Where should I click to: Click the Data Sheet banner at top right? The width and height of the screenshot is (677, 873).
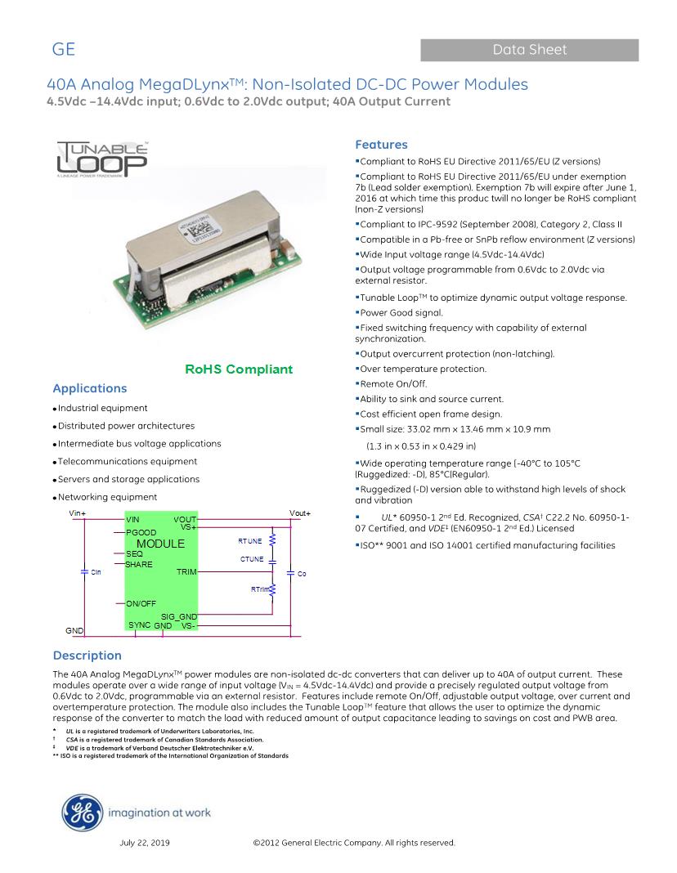pos(529,50)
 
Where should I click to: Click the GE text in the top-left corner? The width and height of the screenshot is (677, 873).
pos(64,50)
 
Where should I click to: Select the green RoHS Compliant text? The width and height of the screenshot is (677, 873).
pos(239,369)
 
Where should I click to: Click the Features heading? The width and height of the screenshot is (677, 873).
pos(381,145)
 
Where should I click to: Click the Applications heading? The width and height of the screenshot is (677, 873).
pos(90,388)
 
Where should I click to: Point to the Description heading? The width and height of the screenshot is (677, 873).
pos(87,655)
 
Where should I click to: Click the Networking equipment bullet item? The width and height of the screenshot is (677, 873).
pos(107,497)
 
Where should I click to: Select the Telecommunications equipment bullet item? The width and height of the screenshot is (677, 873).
pos(127,462)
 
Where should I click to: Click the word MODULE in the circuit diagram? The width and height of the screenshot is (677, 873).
pos(160,543)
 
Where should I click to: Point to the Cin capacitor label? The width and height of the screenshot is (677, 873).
pos(96,572)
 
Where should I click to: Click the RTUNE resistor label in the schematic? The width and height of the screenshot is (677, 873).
pos(250,541)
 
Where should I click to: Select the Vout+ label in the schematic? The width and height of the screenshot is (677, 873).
pos(300,513)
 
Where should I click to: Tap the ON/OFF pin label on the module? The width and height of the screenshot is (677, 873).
pos(141,603)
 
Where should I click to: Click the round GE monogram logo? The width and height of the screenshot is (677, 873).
pos(81,812)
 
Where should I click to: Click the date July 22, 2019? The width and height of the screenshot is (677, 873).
pos(145,842)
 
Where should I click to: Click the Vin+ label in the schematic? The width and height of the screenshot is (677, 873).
pos(78,513)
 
